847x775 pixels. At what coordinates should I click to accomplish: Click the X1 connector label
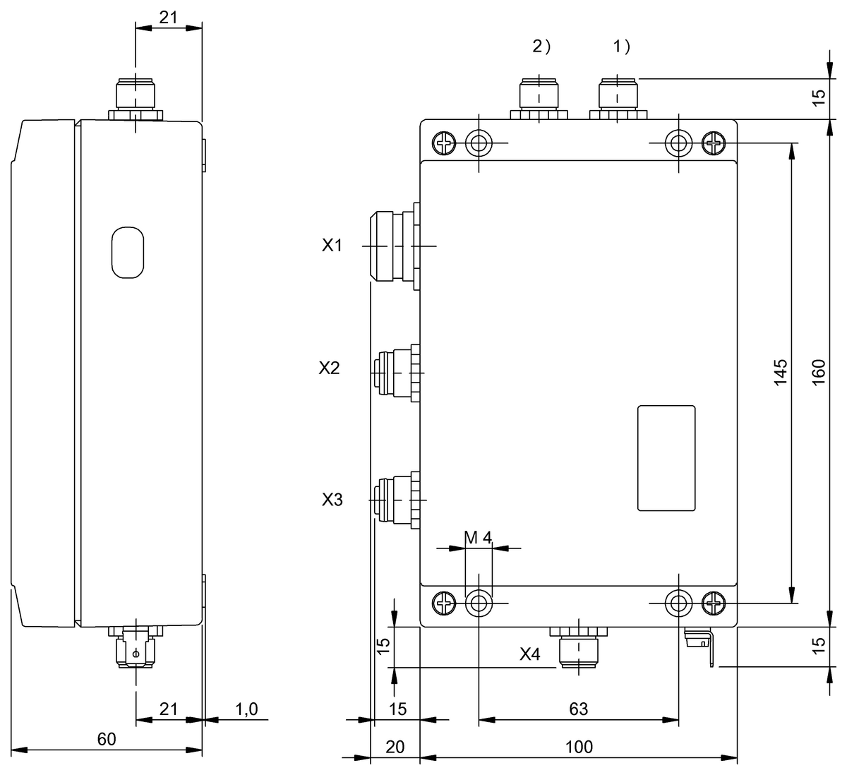tap(332, 246)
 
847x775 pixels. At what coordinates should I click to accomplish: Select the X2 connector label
tap(329, 368)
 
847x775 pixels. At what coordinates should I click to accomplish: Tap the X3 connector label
tap(332, 500)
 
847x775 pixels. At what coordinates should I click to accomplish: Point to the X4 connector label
tap(530, 654)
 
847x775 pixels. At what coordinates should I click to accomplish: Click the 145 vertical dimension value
tap(780, 373)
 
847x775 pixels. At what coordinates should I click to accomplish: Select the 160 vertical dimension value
tap(818, 373)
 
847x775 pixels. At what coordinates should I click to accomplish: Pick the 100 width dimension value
tap(579, 747)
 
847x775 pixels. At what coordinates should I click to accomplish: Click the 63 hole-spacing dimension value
tap(578, 709)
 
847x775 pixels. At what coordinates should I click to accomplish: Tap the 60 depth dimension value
tap(106, 739)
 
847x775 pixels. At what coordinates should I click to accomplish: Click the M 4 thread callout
tap(478, 538)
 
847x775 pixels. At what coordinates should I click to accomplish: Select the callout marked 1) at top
tap(621, 47)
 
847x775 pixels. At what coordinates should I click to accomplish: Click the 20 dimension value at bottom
tap(395, 747)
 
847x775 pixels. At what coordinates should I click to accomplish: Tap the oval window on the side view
tap(127, 251)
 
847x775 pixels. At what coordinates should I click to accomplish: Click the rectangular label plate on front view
tap(666, 458)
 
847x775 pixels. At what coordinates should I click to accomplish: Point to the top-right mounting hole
tap(679, 143)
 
